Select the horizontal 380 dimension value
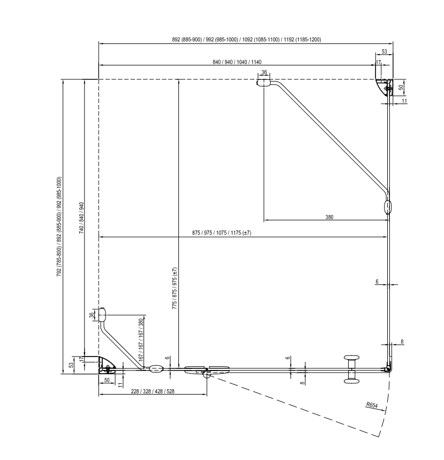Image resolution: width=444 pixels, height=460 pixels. coord(329,217)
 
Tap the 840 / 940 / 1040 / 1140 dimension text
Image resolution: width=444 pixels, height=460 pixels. coord(237,62)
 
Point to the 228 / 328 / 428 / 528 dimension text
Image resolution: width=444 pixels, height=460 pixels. coord(153,391)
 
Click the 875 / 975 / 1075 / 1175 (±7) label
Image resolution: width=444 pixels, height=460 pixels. coord(222,233)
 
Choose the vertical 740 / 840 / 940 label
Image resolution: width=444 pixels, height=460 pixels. coord(82,218)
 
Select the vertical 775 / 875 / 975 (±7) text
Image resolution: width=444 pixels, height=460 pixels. coord(175,288)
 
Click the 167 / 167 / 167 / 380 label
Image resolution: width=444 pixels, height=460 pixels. coord(141,340)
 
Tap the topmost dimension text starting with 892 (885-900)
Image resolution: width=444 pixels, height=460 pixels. coord(246,39)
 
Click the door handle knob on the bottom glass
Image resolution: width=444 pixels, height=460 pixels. coord(351,369)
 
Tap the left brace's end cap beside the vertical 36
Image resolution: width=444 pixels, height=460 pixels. coord(102,315)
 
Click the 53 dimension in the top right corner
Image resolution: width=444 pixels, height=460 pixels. coord(384,51)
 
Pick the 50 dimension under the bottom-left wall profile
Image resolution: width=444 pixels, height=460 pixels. coord(107,380)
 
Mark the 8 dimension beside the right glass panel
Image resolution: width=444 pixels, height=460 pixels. coord(402,342)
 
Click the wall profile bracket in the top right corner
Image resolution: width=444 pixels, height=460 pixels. coord(384,87)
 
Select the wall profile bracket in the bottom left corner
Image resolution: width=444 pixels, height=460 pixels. coord(108,365)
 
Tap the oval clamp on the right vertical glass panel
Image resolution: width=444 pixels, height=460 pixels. coord(388,207)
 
